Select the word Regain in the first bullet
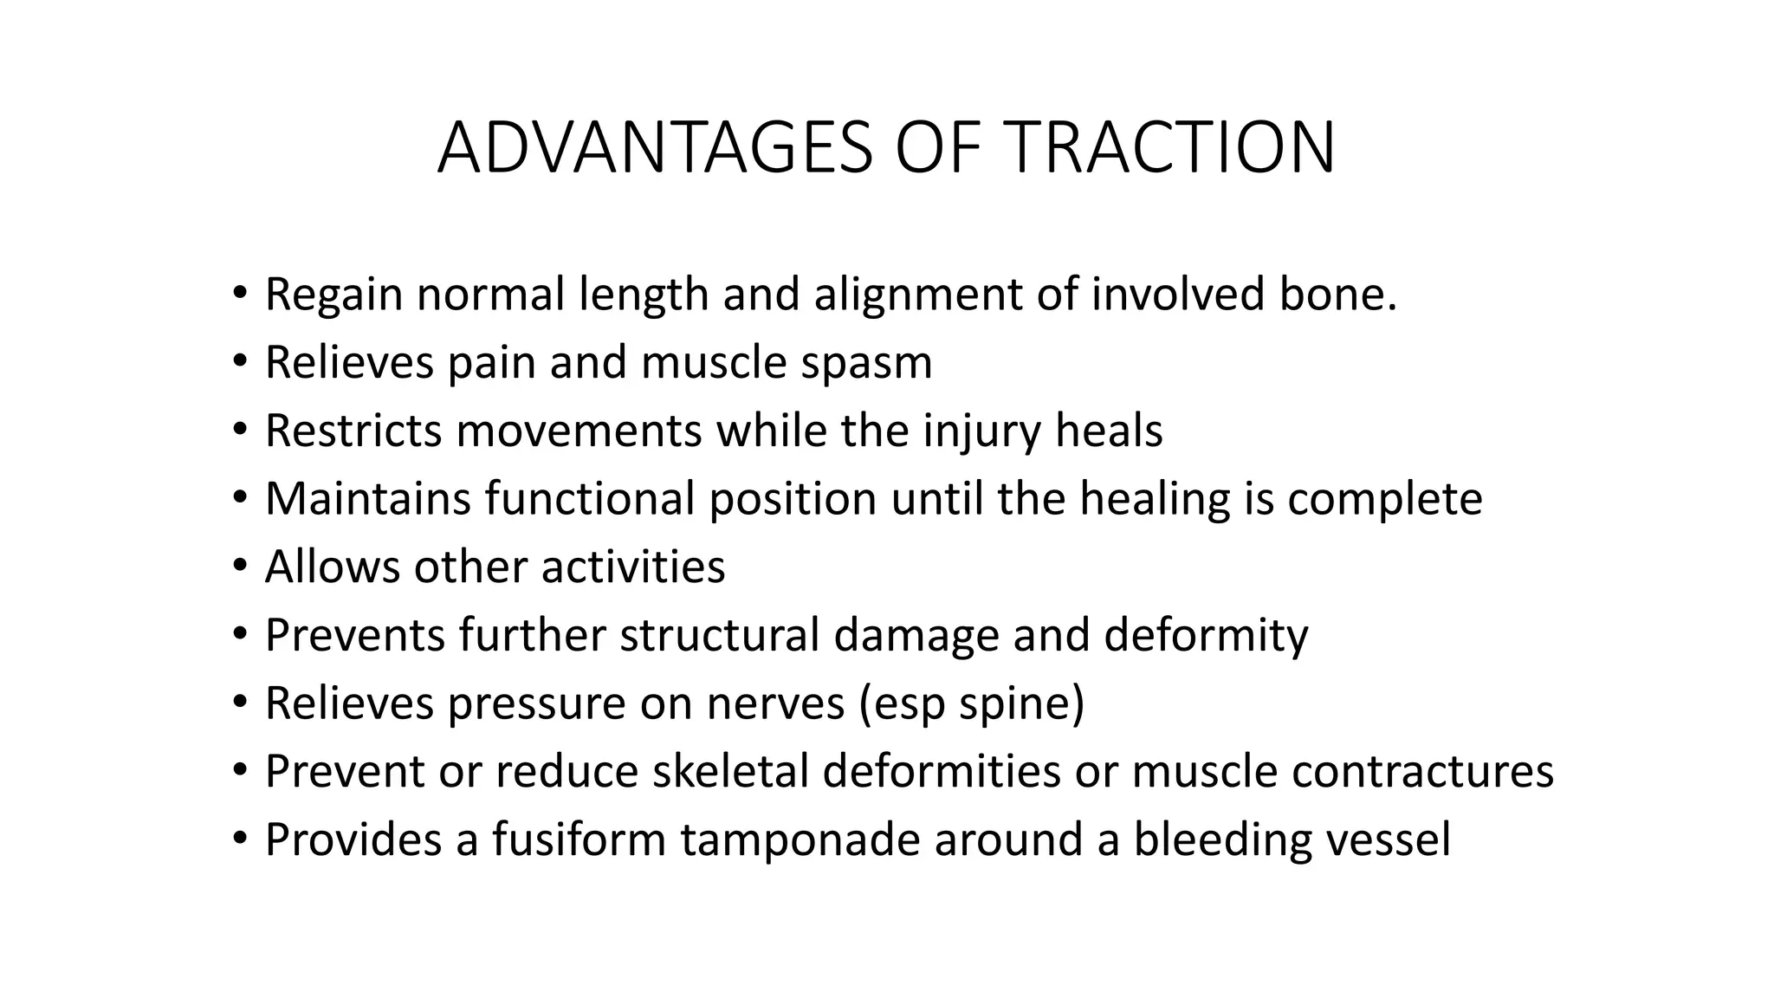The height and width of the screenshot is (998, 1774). [333, 295]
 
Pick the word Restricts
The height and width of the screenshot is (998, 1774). [353, 431]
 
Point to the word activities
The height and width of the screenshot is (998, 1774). [633, 567]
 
